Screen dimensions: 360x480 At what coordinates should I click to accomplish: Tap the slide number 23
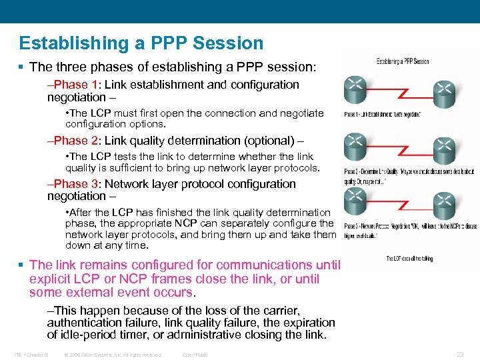(x=459, y=355)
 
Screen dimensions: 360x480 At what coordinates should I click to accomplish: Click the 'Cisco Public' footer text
(x=195, y=355)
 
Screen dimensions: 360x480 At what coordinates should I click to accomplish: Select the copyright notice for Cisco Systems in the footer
(x=113, y=355)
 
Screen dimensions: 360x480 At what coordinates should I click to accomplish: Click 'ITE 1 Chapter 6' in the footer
(x=30, y=355)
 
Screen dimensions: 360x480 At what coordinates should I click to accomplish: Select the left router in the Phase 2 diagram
(x=357, y=143)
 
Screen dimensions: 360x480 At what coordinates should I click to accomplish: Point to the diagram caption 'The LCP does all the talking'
(x=409, y=259)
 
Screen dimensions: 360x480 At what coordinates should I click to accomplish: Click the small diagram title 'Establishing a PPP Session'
(x=403, y=61)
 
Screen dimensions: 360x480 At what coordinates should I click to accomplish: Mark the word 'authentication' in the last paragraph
(x=82, y=323)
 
